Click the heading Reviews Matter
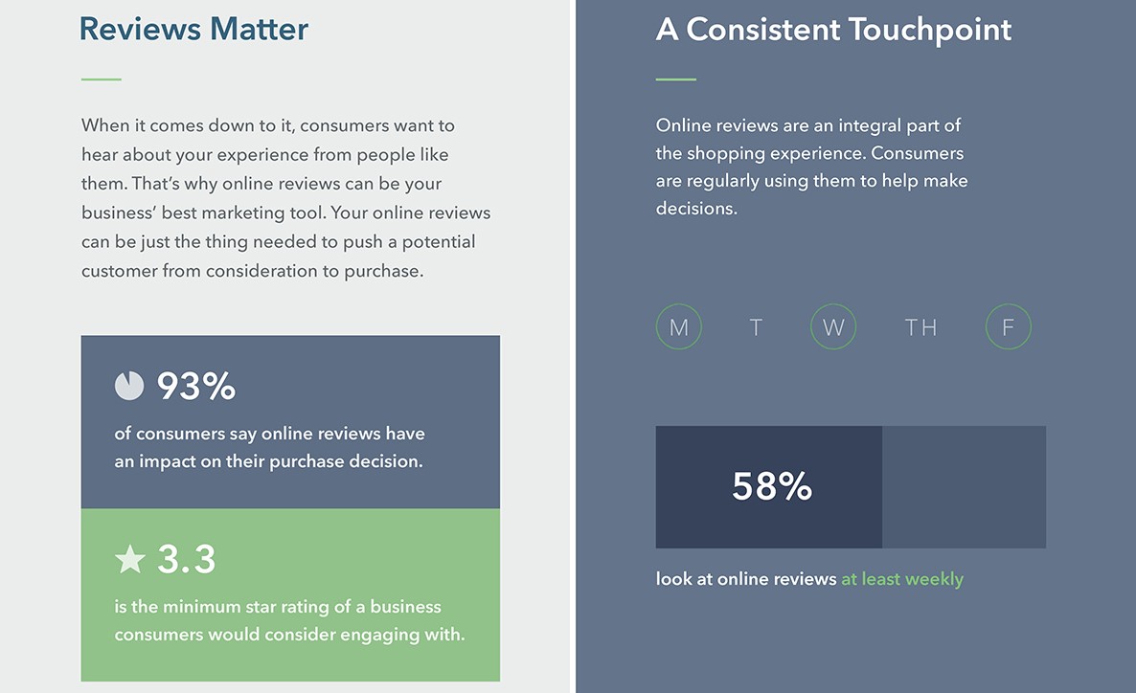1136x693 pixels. click(193, 29)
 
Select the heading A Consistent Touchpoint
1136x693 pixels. click(833, 30)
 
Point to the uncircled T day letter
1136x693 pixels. click(756, 327)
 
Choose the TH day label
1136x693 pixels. click(920, 327)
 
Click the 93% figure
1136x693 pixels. click(196, 386)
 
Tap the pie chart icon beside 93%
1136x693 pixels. click(129, 386)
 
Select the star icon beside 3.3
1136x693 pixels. click(130, 559)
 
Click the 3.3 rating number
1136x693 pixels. click(187, 559)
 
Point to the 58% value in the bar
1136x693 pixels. click(772, 486)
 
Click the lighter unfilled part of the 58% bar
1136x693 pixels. click(965, 486)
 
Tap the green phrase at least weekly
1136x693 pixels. click(902, 578)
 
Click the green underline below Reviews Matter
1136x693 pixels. click(102, 78)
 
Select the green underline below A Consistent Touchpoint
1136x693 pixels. click(676, 78)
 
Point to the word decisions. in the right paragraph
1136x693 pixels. click(696, 209)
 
